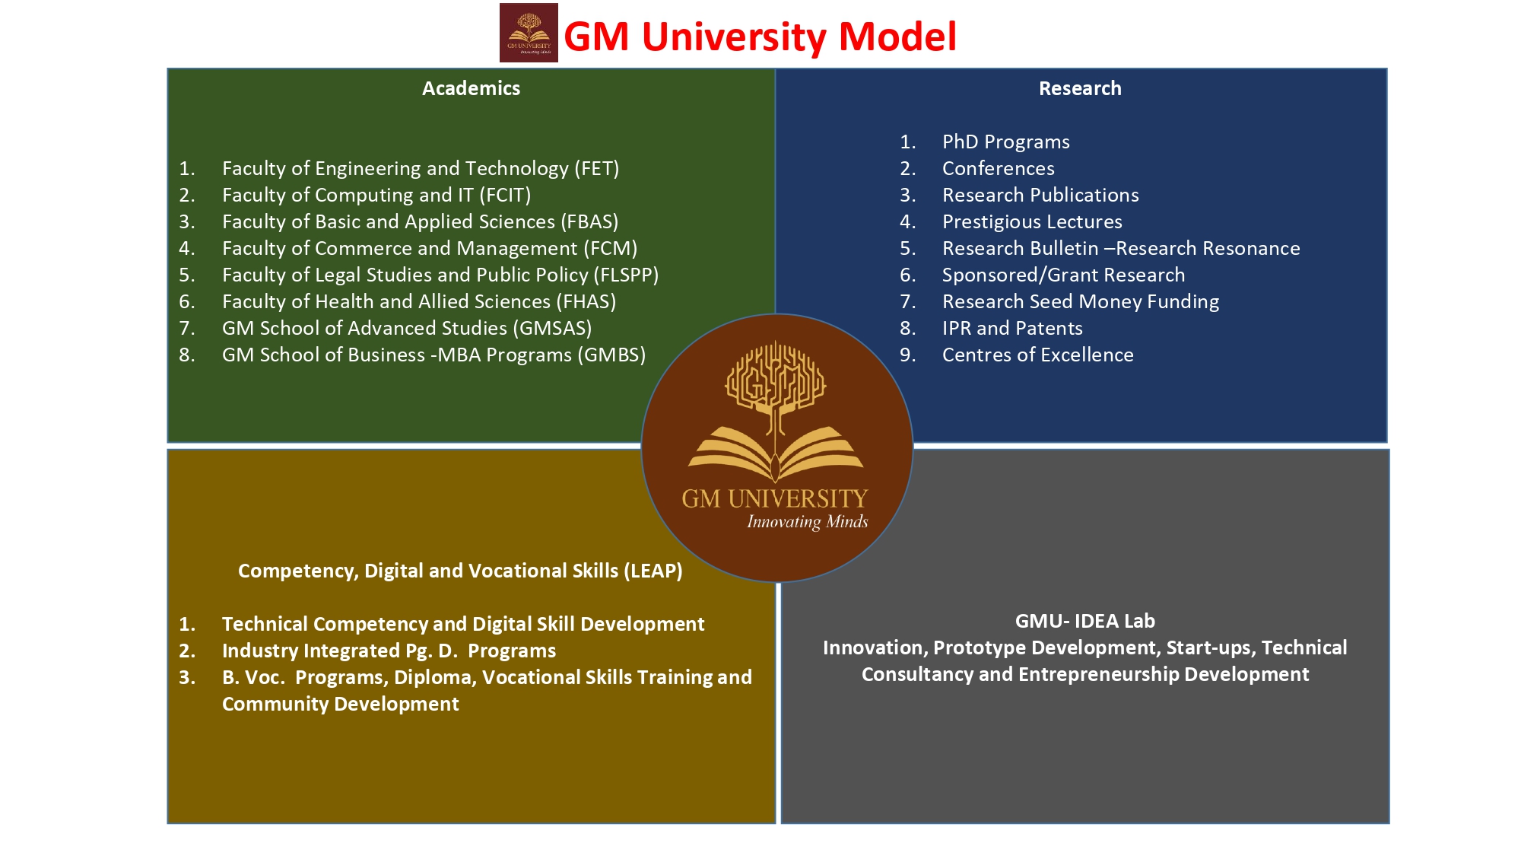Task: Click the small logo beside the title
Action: tap(529, 33)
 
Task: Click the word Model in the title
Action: tap(897, 37)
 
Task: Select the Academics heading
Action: tap(471, 88)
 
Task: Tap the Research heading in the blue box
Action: tap(1080, 88)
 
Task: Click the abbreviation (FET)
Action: tap(597, 168)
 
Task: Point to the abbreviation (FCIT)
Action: tap(505, 195)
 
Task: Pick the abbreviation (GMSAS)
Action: tap(552, 328)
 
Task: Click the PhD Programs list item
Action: tap(1005, 142)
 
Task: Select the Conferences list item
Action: tap(998, 168)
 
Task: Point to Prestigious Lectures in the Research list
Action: tap(1032, 221)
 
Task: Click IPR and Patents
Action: tap(1012, 328)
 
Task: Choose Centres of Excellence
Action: tap(1037, 355)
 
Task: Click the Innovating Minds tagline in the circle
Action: tap(807, 522)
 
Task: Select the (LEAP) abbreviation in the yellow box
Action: tap(653, 571)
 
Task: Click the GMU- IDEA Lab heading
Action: tap(1084, 621)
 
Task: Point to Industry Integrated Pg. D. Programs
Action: tap(389, 651)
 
